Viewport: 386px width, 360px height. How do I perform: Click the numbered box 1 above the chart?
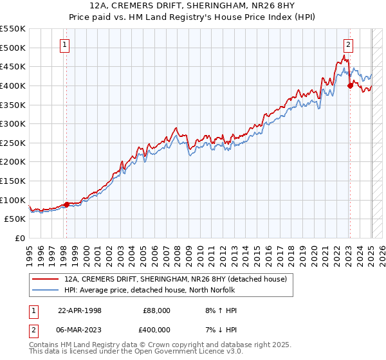click(66, 45)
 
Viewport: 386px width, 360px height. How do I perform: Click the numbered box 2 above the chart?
click(348, 45)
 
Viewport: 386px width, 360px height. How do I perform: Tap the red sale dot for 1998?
click(66, 204)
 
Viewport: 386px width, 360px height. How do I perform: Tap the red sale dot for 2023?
click(349, 85)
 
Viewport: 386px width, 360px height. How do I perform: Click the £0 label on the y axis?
click(21, 238)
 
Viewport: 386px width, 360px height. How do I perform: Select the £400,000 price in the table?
click(156, 330)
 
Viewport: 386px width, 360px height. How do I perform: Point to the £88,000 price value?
click(156, 310)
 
